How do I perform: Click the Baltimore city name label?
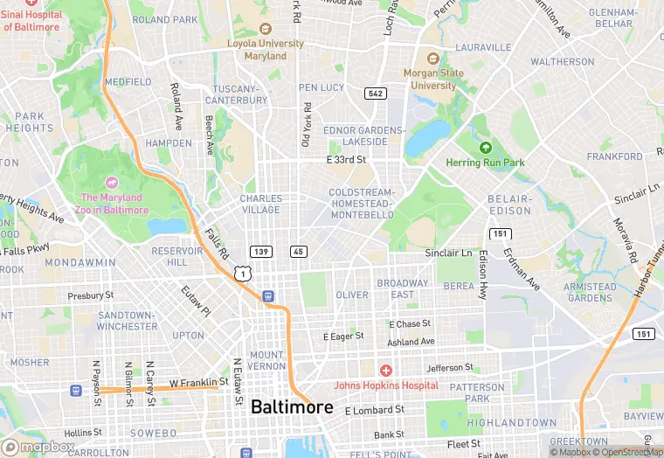tap(292, 407)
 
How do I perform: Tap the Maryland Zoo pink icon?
tap(111, 183)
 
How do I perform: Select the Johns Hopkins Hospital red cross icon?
tap(385, 371)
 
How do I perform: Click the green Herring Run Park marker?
tap(486, 147)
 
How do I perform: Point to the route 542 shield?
tap(376, 94)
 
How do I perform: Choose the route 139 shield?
tap(259, 252)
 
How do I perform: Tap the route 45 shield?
tap(299, 252)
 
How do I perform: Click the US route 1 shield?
tap(251, 274)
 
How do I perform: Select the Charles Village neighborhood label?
tap(261, 204)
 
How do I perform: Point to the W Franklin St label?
tap(198, 382)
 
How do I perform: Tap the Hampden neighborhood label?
tap(168, 142)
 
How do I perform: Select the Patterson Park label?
tap(477, 392)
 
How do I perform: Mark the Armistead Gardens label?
tap(589, 292)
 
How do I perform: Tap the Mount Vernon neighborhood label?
tap(266, 361)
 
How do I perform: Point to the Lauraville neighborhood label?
tap(482, 47)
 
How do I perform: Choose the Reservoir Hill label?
tap(176, 256)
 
